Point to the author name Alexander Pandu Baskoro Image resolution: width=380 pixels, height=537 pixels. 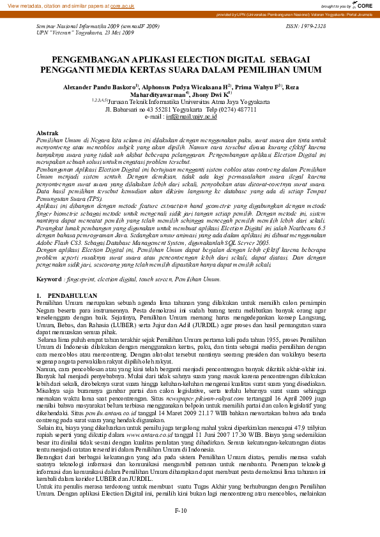[x=114, y=85]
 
